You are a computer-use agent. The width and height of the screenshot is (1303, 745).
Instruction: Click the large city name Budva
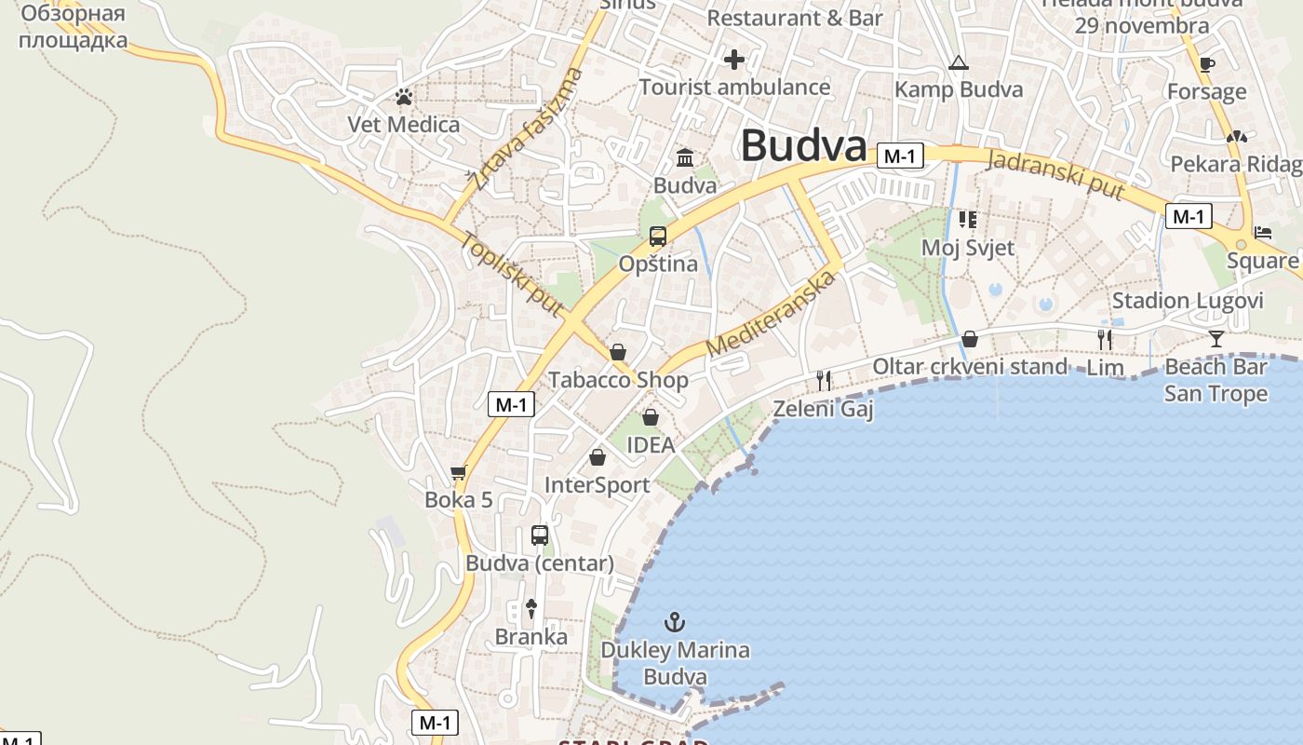click(803, 145)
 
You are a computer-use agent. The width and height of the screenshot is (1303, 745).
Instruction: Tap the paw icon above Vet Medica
click(403, 96)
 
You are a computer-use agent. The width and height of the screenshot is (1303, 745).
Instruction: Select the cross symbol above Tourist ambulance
click(734, 61)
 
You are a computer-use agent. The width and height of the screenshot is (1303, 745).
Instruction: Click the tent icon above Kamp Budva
click(958, 63)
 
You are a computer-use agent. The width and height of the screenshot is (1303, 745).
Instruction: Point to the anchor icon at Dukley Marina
click(675, 622)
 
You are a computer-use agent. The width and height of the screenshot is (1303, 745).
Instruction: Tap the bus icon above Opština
click(658, 237)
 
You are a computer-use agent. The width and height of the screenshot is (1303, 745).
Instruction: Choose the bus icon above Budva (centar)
click(540, 535)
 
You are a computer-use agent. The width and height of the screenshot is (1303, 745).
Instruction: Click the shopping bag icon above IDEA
click(651, 417)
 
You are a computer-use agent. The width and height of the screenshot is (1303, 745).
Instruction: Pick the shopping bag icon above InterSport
click(598, 457)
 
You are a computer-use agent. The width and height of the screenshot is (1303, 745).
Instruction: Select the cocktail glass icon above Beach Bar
click(1216, 338)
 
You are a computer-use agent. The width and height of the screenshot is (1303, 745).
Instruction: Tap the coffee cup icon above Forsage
click(1207, 64)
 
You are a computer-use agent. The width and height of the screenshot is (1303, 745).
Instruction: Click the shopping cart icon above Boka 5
click(458, 473)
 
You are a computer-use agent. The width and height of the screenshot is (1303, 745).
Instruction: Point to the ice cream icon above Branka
click(531, 609)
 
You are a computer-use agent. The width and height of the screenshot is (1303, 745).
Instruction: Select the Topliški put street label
click(512, 274)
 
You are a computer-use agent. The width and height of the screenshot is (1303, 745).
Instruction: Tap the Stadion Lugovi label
click(1188, 301)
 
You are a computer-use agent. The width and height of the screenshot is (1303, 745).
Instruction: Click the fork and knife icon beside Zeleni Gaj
click(823, 380)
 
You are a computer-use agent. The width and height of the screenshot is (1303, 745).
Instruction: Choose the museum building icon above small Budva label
click(685, 157)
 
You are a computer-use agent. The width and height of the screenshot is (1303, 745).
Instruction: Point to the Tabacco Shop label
click(618, 380)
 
